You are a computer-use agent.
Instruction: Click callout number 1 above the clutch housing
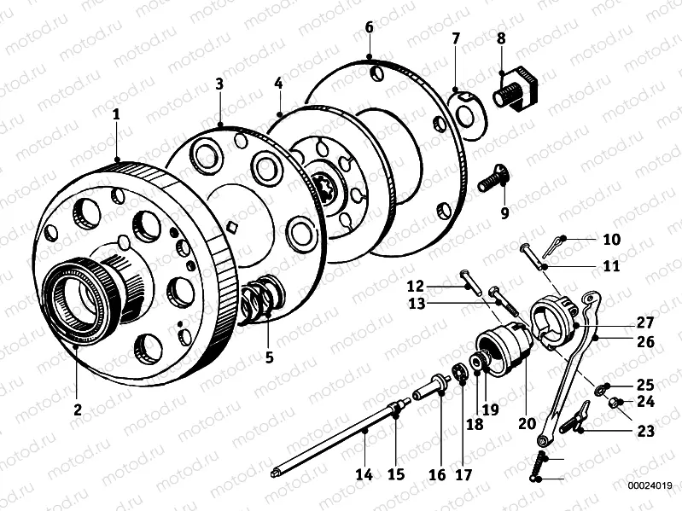(x=116, y=113)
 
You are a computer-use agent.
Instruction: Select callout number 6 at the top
(x=369, y=27)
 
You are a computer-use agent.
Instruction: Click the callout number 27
(x=644, y=323)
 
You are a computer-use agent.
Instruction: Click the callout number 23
(x=645, y=432)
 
